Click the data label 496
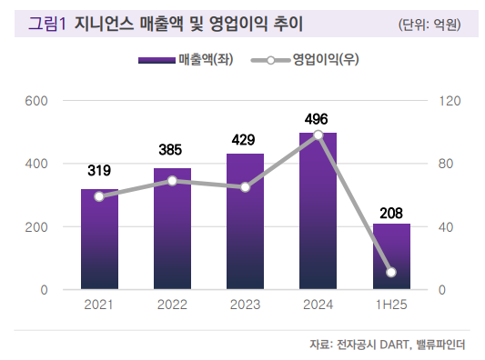318,119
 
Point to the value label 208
391,213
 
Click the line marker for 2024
318,135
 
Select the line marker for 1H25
391,273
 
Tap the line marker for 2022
172,181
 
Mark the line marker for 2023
245,187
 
